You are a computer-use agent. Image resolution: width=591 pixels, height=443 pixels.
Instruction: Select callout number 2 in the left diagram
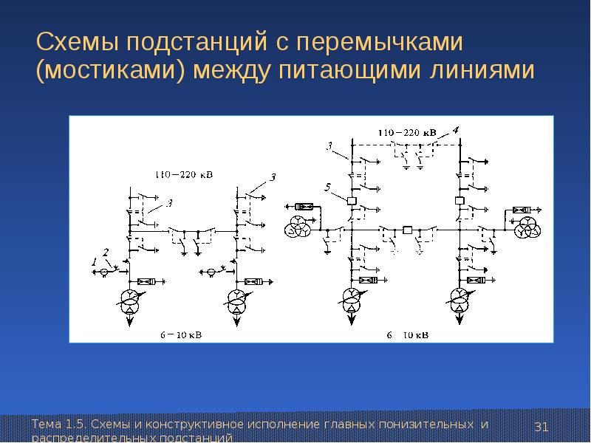point(106,252)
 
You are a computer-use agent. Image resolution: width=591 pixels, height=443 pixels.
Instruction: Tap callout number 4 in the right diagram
point(456,131)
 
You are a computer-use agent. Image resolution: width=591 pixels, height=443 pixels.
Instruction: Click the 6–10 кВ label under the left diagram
point(180,334)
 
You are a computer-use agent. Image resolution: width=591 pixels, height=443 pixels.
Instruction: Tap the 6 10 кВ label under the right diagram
point(408,334)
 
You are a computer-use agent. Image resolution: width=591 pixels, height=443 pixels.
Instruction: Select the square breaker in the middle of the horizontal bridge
point(406,230)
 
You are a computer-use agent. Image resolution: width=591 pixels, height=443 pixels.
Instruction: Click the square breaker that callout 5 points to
point(352,200)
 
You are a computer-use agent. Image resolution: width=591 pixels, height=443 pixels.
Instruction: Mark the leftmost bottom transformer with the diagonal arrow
point(130,301)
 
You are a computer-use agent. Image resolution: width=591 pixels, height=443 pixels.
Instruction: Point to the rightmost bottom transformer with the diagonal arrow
point(460,300)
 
